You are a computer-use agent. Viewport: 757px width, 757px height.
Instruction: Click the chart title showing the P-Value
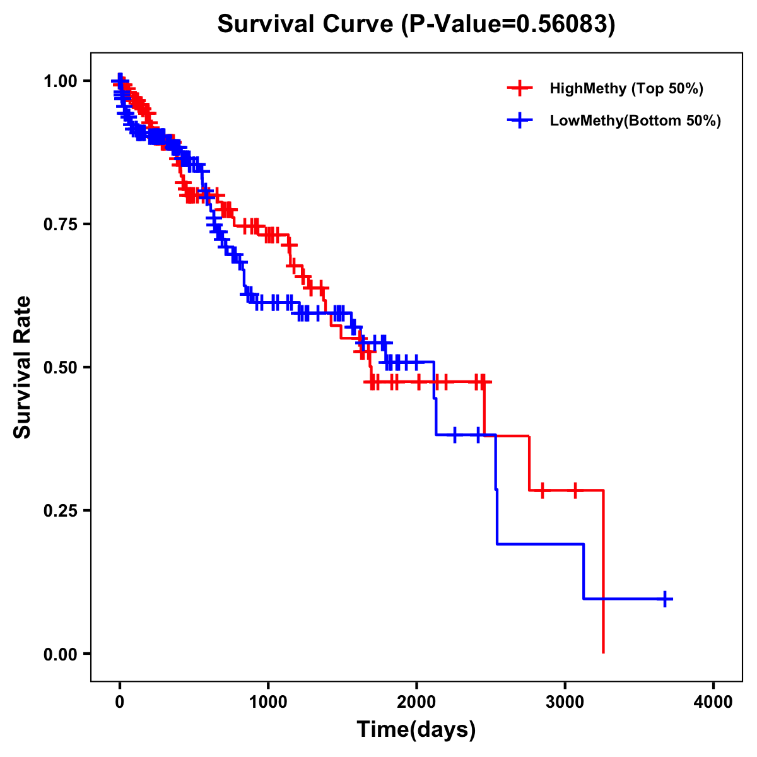point(416,24)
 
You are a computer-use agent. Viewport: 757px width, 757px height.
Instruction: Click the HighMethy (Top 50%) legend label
point(626,88)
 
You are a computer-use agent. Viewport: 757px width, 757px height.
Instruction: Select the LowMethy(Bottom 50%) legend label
point(635,120)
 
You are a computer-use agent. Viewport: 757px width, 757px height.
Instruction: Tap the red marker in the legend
point(520,88)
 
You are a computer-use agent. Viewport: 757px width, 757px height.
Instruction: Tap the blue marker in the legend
point(520,120)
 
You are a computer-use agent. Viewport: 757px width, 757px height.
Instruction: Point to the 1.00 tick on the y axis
point(61,81)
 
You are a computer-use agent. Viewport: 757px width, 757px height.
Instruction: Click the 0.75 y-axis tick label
point(61,224)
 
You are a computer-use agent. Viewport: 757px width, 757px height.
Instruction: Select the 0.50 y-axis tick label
point(61,367)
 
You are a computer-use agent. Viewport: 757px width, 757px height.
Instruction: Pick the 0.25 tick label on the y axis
point(61,510)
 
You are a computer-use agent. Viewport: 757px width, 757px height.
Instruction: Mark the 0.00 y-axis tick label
point(61,654)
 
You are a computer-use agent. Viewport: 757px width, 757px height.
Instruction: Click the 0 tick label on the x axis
point(120,702)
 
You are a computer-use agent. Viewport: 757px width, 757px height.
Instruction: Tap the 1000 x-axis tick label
point(268,702)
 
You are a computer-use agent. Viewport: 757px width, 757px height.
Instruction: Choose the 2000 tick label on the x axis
point(416,702)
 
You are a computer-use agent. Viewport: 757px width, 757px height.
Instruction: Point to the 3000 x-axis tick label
point(565,702)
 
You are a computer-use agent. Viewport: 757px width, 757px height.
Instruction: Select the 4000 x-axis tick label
point(713,702)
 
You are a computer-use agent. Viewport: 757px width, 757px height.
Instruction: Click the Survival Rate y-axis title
point(23,367)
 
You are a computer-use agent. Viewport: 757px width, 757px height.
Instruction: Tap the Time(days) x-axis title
point(416,730)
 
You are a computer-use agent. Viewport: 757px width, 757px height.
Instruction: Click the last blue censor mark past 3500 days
point(665,599)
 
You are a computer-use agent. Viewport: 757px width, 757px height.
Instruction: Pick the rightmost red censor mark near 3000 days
point(575,490)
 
